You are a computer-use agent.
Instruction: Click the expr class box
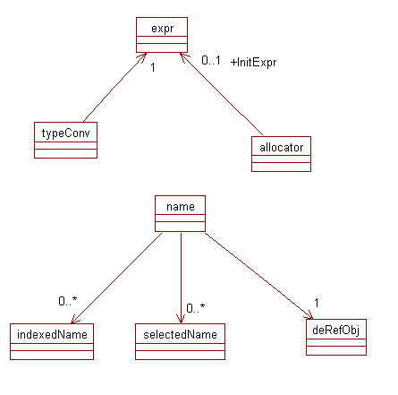coord(162,35)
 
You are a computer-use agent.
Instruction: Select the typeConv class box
coord(65,140)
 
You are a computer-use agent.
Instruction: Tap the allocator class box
coord(281,154)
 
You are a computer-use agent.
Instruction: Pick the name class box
coord(180,214)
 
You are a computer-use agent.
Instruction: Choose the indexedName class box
coord(52,341)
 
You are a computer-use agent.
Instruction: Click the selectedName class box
coord(180,341)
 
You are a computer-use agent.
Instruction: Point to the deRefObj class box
coord(336,337)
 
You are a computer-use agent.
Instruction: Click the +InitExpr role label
coord(253,63)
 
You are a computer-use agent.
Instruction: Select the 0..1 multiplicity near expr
coord(211,60)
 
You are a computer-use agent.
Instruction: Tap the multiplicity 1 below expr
coord(153,67)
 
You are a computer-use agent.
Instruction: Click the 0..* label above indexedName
coord(68,301)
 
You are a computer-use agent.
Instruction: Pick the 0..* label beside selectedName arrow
coord(196,308)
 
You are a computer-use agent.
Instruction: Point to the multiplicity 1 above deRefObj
coord(317,303)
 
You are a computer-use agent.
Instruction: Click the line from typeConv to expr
coord(114,88)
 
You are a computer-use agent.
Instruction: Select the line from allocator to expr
coord(222,94)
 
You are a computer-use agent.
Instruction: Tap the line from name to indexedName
coord(116,278)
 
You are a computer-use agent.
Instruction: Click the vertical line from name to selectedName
coord(181,278)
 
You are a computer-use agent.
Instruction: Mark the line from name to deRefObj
coord(259,276)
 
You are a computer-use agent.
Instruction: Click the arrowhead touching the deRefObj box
coord(309,315)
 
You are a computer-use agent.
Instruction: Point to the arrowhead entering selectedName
coord(181,320)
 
